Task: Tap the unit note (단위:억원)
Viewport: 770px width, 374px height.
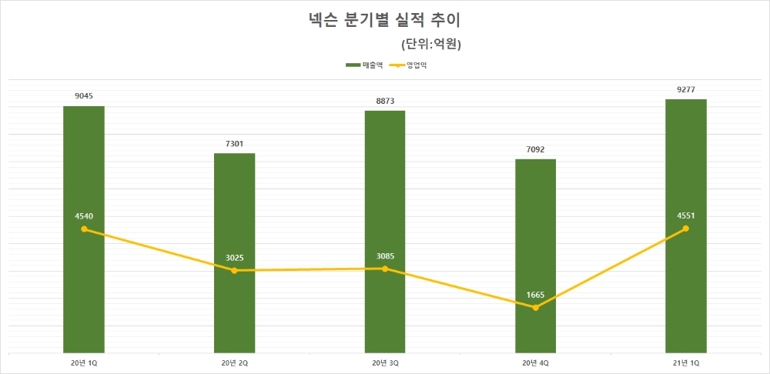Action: pyautogui.click(x=431, y=44)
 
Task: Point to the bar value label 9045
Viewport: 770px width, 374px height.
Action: pyautogui.click(x=84, y=96)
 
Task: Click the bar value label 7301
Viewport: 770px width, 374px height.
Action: pyautogui.click(x=234, y=144)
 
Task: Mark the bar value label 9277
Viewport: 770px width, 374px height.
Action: pyautogui.click(x=686, y=90)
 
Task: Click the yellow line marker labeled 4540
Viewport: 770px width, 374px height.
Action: pyautogui.click(x=84, y=229)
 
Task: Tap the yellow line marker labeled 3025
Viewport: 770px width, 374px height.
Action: pyautogui.click(x=234, y=270)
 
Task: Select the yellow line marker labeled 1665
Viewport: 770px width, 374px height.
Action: pyautogui.click(x=535, y=308)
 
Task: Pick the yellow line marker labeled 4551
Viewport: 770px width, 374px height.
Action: pyautogui.click(x=686, y=229)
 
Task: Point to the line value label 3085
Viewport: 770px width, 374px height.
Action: pyautogui.click(x=385, y=255)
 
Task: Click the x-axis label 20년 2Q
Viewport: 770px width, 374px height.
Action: pyautogui.click(x=234, y=362)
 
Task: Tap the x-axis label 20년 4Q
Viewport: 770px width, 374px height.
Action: pyautogui.click(x=535, y=362)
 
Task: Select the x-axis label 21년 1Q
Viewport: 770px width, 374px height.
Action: pyautogui.click(x=686, y=362)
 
